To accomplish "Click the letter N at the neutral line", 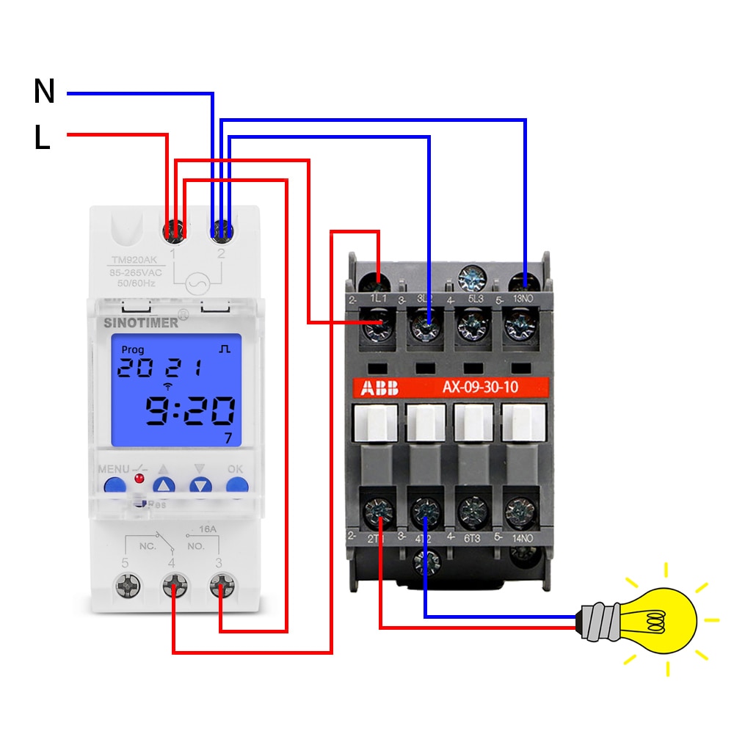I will click(x=44, y=92).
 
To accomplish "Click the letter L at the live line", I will click(x=42, y=137).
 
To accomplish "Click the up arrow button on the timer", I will click(x=164, y=485).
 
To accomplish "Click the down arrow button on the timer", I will click(x=200, y=485).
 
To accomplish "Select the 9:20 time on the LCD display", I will click(x=189, y=413).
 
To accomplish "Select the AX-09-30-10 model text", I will click(x=479, y=388).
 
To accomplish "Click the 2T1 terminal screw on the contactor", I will click(x=380, y=508).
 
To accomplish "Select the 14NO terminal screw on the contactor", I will click(x=520, y=508).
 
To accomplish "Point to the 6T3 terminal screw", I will click(x=473, y=508).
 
